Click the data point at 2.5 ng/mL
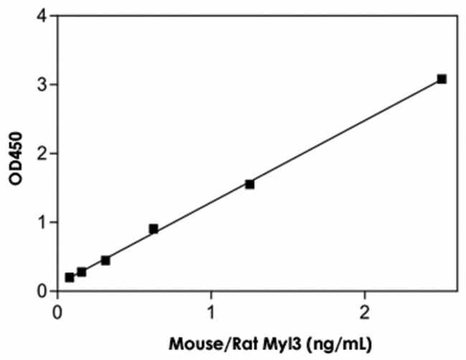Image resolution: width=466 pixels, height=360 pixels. (442, 79)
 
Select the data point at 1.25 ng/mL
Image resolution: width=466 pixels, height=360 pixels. (249, 184)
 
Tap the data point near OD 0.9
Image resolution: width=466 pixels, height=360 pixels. (153, 229)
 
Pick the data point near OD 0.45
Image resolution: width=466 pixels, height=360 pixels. (105, 260)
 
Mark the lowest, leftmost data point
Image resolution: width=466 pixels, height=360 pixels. (70, 277)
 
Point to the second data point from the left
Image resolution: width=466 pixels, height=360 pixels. (82, 272)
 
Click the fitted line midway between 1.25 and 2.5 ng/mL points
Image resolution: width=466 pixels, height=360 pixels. (346, 131)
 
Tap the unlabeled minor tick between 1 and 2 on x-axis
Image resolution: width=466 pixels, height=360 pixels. (288, 293)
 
